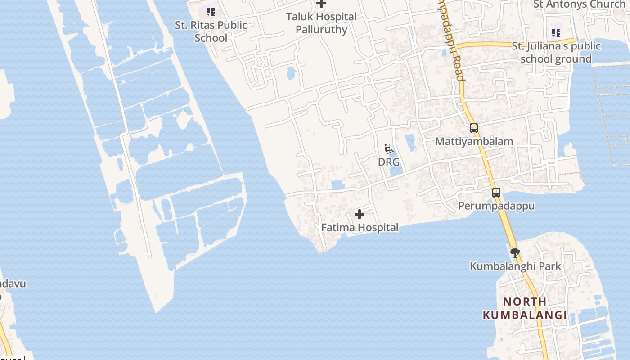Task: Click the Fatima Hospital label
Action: pyautogui.click(x=360, y=228)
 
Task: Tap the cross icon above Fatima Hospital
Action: pyautogui.click(x=360, y=214)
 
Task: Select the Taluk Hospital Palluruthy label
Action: pyautogui.click(x=321, y=23)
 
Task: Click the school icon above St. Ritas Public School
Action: pyautogui.click(x=211, y=12)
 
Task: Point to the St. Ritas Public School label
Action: pyautogui.click(x=211, y=31)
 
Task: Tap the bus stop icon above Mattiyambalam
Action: pyautogui.click(x=474, y=128)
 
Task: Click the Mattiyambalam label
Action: pyautogui.click(x=474, y=141)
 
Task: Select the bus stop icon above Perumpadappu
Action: pyautogui.click(x=496, y=193)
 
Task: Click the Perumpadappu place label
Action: pyautogui.click(x=496, y=206)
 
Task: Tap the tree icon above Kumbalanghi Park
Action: pyautogui.click(x=515, y=253)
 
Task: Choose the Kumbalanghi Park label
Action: pyautogui.click(x=515, y=266)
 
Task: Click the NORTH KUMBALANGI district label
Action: pyautogui.click(x=525, y=308)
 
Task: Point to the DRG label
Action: pyautogui.click(x=389, y=162)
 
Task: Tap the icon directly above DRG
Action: pyautogui.click(x=389, y=149)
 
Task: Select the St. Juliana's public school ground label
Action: pyautogui.click(x=556, y=52)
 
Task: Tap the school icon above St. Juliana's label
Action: pyautogui.click(x=556, y=33)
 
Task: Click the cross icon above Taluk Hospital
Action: pyautogui.click(x=321, y=4)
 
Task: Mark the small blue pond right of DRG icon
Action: pyautogui.click(x=410, y=142)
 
